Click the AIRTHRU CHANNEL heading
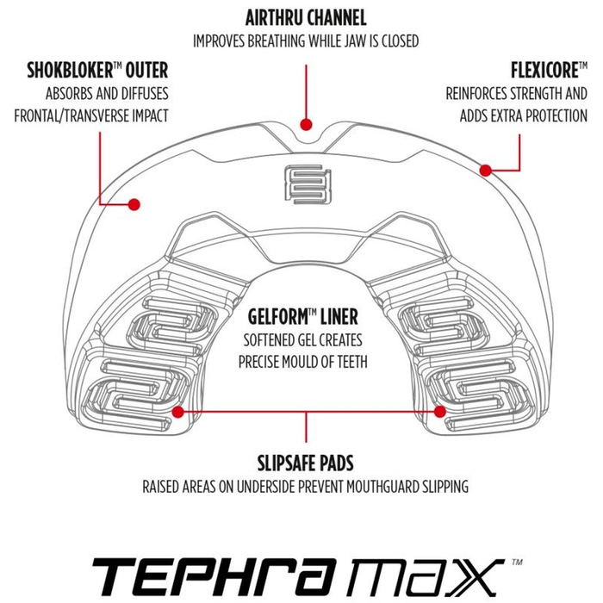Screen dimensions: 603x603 point(306,18)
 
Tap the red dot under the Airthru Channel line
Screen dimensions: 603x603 point(306,124)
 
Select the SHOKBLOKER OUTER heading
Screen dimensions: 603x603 point(97,71)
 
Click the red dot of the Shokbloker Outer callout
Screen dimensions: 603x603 point(134,204)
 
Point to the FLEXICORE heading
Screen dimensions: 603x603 point(549,71)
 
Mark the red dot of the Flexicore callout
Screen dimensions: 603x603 point(486,170)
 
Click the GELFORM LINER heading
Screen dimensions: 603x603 point(303,317)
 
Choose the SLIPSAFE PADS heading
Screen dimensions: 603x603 point(305,463)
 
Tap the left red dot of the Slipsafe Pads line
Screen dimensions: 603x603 point(177,412)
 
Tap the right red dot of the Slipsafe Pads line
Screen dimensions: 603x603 point(439,412)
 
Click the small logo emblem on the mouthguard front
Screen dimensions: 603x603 point(308,184)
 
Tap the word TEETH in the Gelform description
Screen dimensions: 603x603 point(352,362)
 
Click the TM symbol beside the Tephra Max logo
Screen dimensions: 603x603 point(517,563)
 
